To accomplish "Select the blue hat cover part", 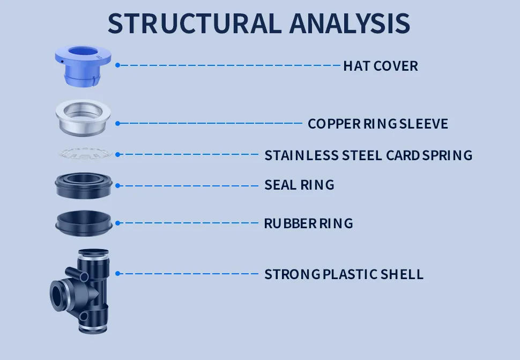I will [x=83, y=65].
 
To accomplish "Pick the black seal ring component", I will [x=84, y=185].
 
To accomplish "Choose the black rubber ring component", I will [x=84, y=223].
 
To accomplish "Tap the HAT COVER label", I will [x=380, y=66].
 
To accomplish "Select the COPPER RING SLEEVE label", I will [x=377, y=124].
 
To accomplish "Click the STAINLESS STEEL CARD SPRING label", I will [x=368, y=155].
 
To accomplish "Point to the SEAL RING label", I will [x=299, y=185].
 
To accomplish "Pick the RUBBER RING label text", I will [x=308, y=223].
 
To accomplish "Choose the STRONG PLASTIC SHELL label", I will [x=344, y=274].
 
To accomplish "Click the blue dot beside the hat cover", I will [x=118, y=65].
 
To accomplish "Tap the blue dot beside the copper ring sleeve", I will [x=118, y=123].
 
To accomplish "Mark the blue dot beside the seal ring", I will [x=118, y=186].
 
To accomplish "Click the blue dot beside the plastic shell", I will [x=118, y=273].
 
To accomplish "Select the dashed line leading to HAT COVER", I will [x=231, y=65].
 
